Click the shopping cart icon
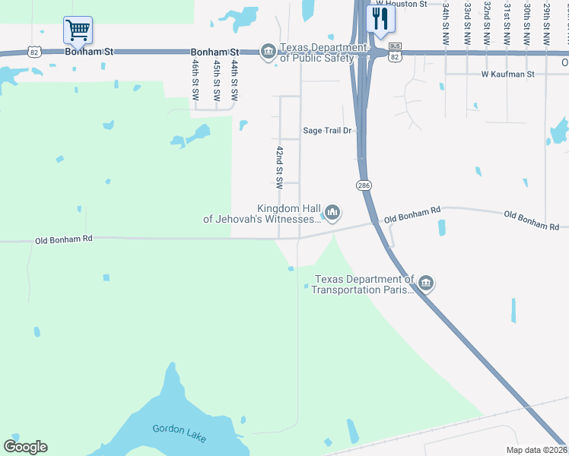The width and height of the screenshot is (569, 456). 78,31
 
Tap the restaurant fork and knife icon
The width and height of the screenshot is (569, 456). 380,17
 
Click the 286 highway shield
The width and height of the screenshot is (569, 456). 363,185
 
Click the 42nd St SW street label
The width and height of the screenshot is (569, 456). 280,167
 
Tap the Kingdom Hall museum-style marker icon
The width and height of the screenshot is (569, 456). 332,212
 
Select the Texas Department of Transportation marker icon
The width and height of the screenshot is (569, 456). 426,284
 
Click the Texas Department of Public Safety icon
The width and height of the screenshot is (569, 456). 268,52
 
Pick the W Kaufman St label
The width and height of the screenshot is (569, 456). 508,74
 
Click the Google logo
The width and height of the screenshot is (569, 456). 25,446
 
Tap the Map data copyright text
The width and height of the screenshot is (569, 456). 537,450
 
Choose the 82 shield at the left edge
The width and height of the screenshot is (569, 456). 33,52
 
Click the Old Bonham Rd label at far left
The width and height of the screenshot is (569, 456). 64,239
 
